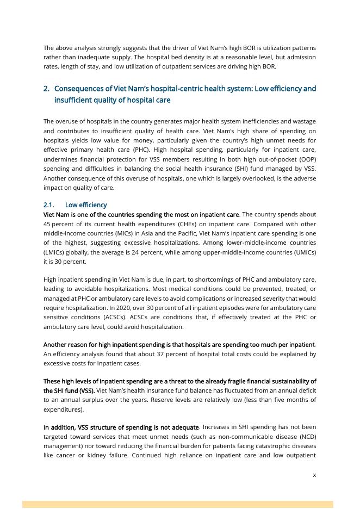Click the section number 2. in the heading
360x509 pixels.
(46, 89)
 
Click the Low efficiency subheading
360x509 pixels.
(86, 205)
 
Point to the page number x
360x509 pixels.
(314, 475)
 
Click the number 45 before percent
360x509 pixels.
(47, 224)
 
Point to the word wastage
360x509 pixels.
(304, 121)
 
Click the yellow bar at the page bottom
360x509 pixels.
(177, 504)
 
